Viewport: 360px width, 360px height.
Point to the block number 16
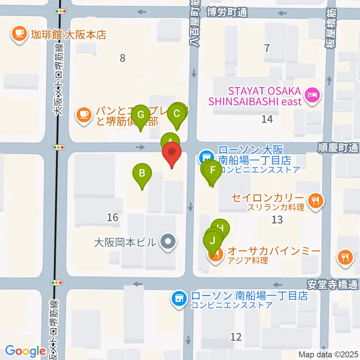pyautogui.click(x=112, y=217)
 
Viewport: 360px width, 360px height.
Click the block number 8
pyautogui.click(x=122, y=58)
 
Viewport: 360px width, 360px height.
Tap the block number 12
pyautogui.click(x=236, y=337)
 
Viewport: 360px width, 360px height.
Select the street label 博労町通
pyautogui.click(x=228, y=12)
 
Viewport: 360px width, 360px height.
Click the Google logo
pyautogui.click(x=25, y=351)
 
